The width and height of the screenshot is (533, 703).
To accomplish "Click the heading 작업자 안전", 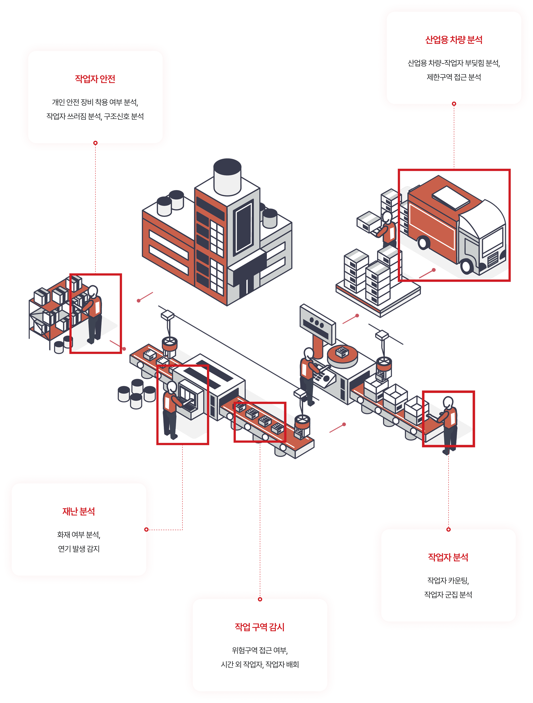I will (x=95, y=79).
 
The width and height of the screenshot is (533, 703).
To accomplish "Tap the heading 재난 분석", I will (x=78, y=511).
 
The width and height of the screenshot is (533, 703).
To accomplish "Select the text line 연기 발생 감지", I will (x=78, y=549).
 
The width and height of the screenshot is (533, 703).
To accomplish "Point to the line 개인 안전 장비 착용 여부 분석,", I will (x=95, y=102).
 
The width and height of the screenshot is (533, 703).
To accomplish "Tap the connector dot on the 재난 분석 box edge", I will (x=146, y=530).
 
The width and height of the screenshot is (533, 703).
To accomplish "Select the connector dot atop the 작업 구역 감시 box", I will (x=260, y=599).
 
